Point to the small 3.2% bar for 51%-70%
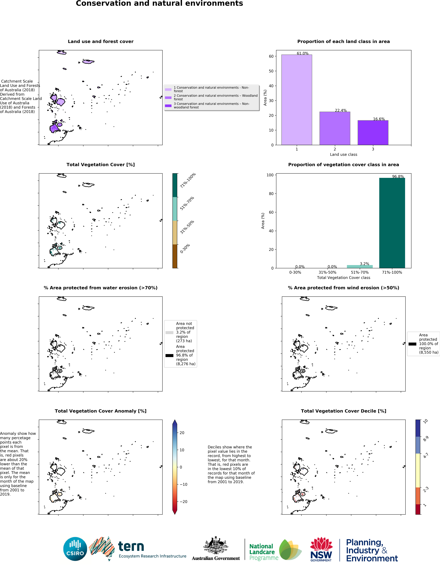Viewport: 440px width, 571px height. point(360,266)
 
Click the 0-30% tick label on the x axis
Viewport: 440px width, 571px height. point(295,272)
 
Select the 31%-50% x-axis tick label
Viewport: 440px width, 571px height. point(327,272)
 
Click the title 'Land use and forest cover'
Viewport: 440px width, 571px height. point(101,42)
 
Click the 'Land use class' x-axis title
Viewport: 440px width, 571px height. point(343,155)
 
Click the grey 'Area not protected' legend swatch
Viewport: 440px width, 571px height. point(169,333)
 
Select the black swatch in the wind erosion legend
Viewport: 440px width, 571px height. point(412,344)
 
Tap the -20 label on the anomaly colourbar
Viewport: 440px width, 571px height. point(183,502)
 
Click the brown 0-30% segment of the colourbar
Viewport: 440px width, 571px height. point(175,256)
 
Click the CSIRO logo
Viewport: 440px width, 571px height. point(75,549)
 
